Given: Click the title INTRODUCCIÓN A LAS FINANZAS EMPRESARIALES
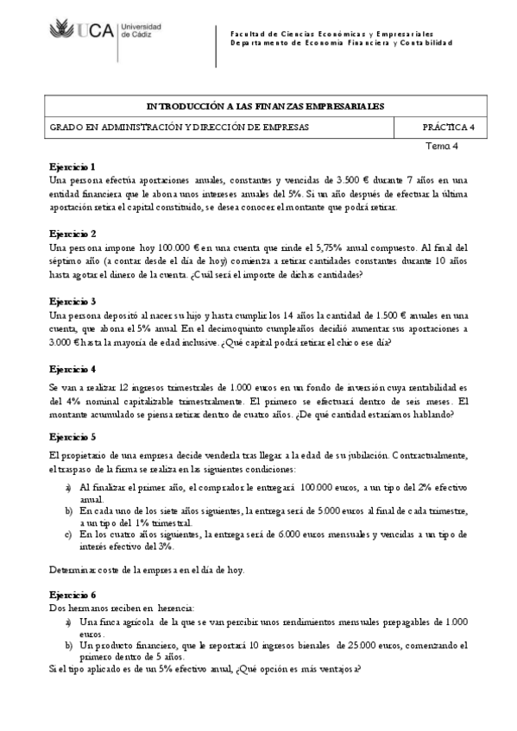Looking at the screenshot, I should pyautogui.click(x=266, y=106).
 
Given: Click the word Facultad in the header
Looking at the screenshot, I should pyautogui.click(x=249, y=31).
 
